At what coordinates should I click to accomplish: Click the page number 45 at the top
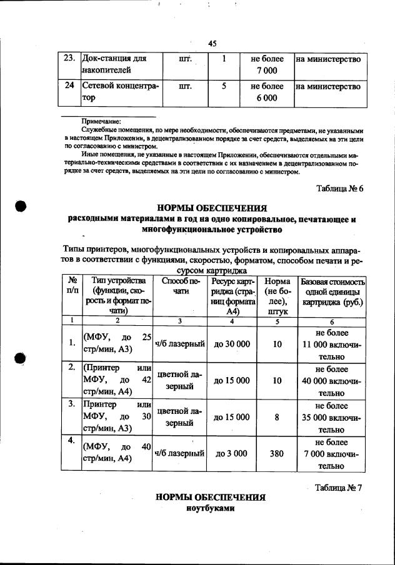(x=212, y=43)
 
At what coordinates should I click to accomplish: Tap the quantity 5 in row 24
(x=223, y=87)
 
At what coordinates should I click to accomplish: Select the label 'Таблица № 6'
(x=339, y=189)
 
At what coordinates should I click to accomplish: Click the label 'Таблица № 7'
(x=339, y=488)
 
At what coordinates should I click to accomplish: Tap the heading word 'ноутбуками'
(x=210, y=509)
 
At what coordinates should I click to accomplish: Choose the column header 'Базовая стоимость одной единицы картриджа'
(x=332, y=292)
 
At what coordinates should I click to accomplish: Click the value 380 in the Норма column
(x=277, y=454)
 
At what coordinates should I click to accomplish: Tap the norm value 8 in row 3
(x=277, y=417)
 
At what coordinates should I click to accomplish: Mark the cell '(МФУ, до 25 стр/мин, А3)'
(x=117, y=343)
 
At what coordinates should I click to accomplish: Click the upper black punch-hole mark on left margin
(x=20, y=209)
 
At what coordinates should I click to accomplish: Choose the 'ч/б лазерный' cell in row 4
(x=180, y=454)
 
